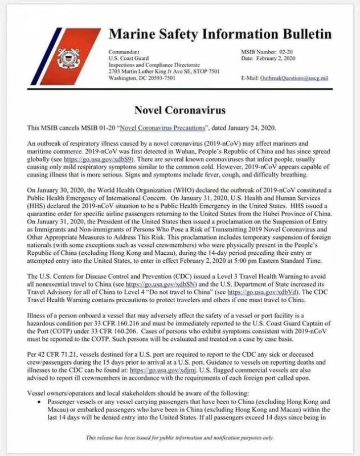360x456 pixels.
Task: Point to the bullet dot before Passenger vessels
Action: point(36,402)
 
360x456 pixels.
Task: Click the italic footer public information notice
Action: point(180,438)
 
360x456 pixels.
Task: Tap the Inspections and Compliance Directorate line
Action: point(146,65)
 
